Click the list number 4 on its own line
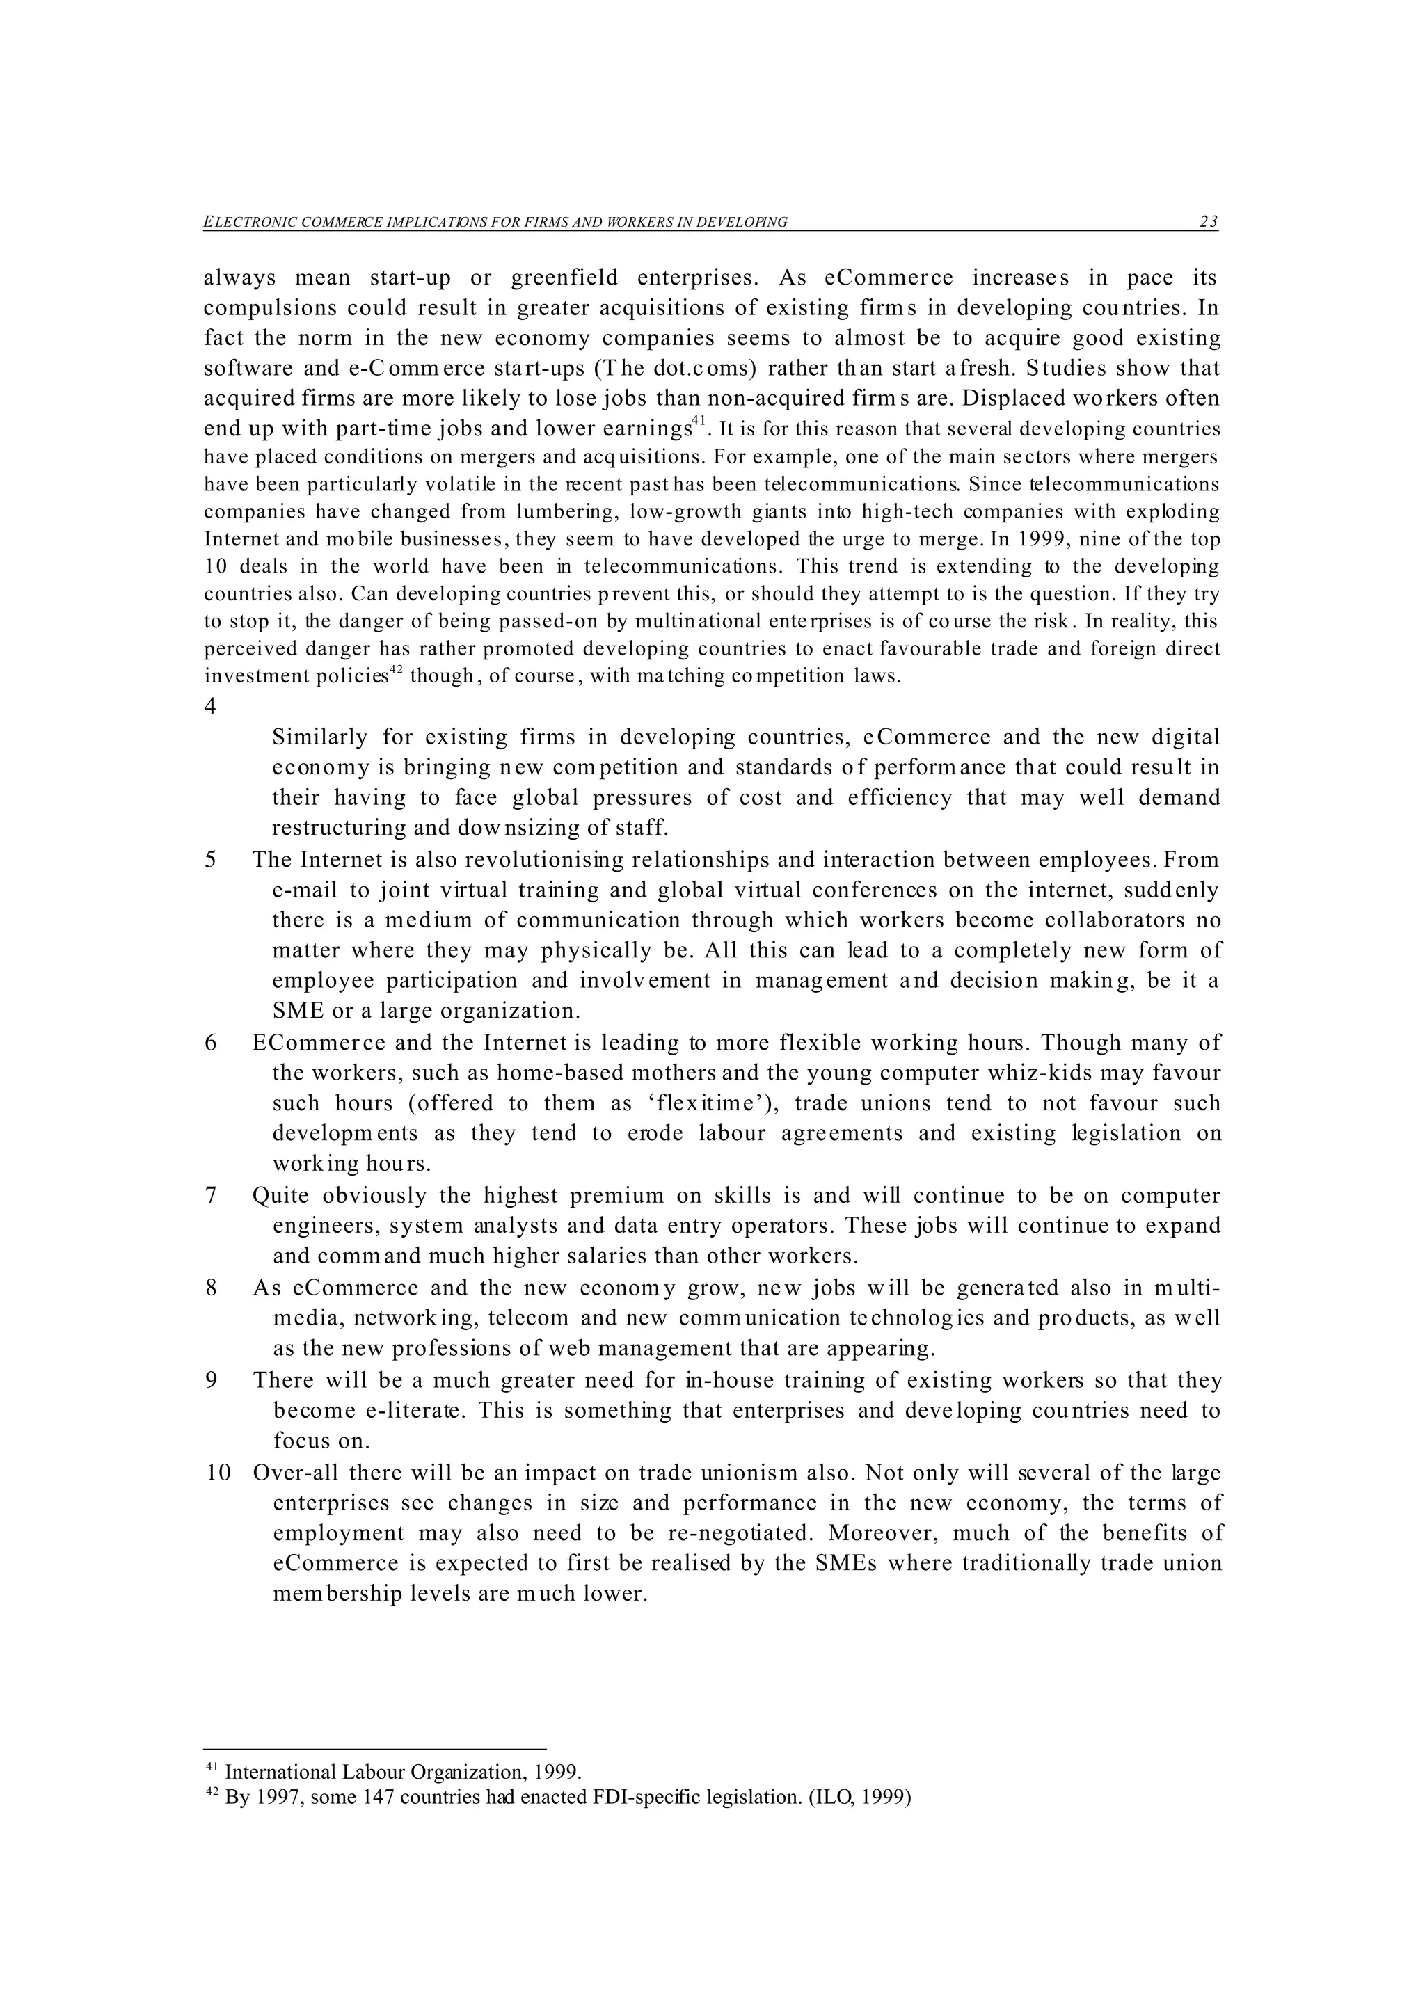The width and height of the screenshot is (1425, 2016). [x=210, y=707]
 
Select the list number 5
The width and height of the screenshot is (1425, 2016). [x=211, y=860]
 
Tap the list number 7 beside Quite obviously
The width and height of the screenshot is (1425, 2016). [x=211, y=1196]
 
